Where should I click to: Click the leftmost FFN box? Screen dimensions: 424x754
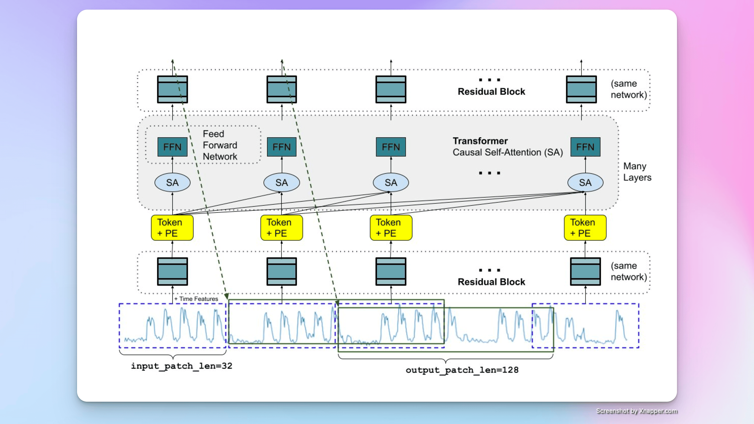tap(172, 147)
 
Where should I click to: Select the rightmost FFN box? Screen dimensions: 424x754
tap(585, 147)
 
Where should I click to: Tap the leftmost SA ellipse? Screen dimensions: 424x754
tap(172, 183)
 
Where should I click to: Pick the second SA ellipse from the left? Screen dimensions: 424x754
tap(281, 183)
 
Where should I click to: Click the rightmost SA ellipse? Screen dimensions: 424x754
tap(585, 183)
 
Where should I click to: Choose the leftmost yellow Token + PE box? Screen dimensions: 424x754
tap(172, 228)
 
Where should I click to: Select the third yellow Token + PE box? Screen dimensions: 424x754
tap(391, 228)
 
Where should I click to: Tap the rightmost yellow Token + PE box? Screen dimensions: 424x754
tap(585, 228)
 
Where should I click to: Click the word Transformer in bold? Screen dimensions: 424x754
tap(480, 141)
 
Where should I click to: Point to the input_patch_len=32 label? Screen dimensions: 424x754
tap(181, 366)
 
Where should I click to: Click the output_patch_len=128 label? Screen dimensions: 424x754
tap(462, 370)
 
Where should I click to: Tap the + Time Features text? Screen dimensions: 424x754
tap(196, 299)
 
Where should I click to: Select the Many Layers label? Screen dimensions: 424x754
tap(637, 172)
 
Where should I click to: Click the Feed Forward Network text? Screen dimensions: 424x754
tap(220, 145)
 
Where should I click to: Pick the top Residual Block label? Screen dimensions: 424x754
tap(491, 92)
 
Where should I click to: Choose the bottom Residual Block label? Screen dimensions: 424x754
tap(491, 282)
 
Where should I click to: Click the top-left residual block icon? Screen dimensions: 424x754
tap(172, 89)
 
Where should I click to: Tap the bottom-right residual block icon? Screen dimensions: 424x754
tap(585, 271)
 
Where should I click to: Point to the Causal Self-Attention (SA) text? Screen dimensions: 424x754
tap(507, 152)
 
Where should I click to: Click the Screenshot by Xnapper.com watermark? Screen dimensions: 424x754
tap(636, 411)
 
